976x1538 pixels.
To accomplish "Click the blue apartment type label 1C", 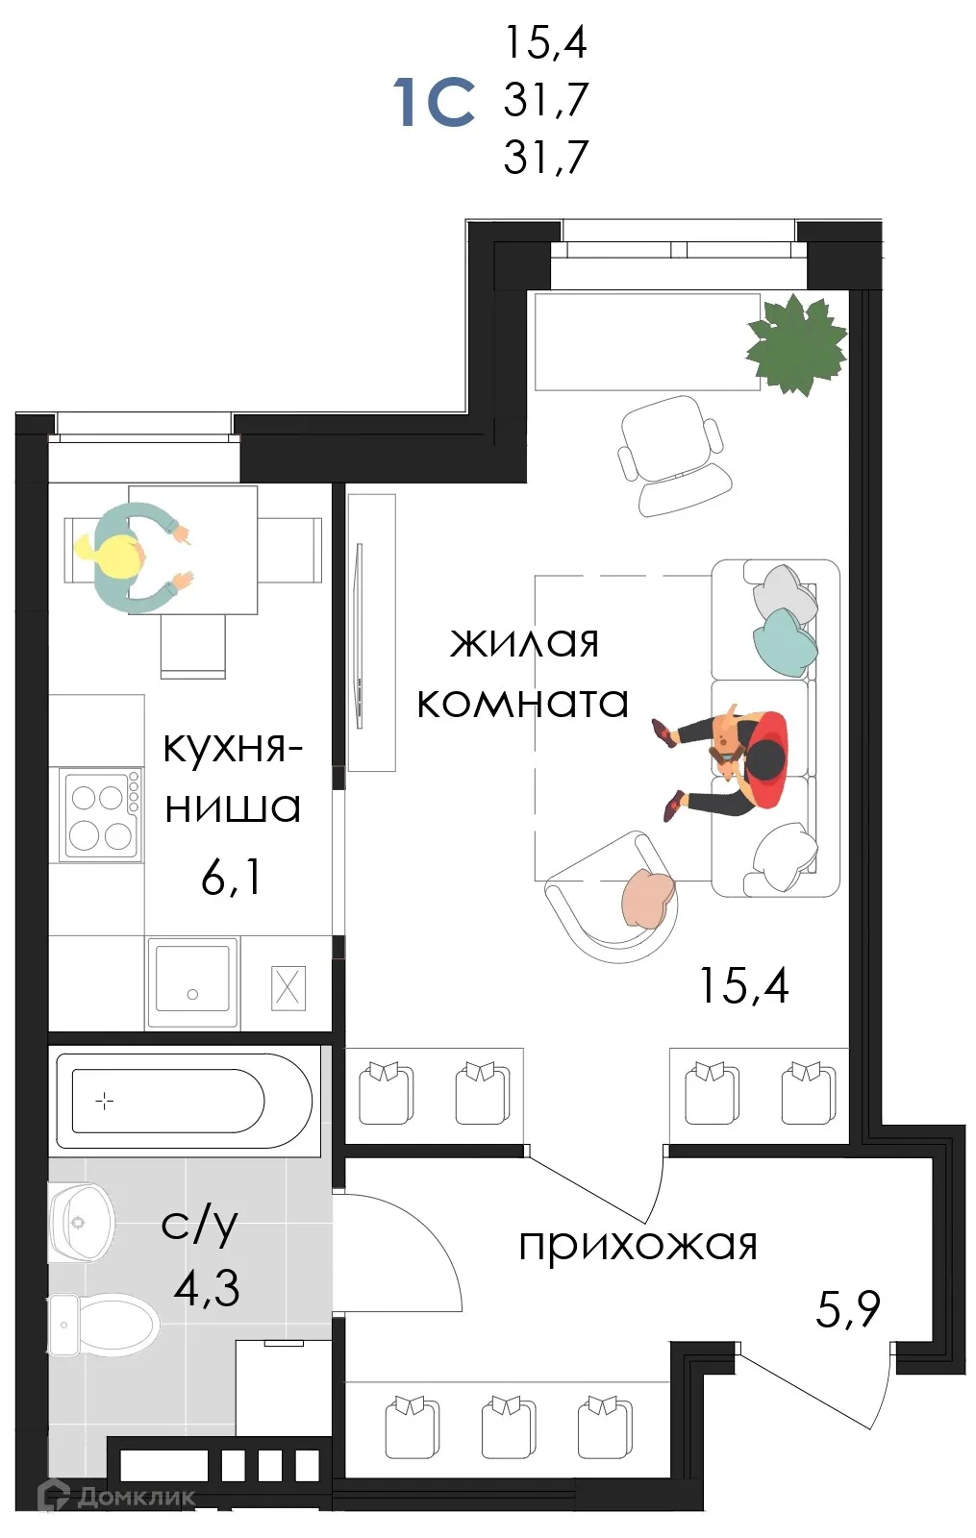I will coord(434,102).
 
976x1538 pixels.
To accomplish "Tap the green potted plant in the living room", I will coord(796,345).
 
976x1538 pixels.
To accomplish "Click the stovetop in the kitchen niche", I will coord(100,815).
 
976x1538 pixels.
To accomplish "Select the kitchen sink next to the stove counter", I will coord(192,980).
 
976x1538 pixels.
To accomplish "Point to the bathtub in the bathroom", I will coord(183,1101).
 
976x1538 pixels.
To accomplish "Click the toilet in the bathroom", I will coord(106,1325).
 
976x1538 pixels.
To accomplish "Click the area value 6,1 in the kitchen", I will coord(231,877).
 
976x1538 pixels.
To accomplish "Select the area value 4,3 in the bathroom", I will coord(207,1287).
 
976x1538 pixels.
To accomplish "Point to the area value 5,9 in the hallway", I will coord(848,1309).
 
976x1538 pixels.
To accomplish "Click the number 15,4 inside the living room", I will coord(743,985).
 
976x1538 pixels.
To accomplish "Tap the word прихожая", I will coord(638,1245).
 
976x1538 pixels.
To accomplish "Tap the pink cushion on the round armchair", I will coord(647,897).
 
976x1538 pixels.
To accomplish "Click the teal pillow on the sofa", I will coord(784,642).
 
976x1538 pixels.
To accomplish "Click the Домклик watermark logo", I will coord(115,1496).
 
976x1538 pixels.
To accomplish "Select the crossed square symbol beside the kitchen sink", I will coord(288,987).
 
